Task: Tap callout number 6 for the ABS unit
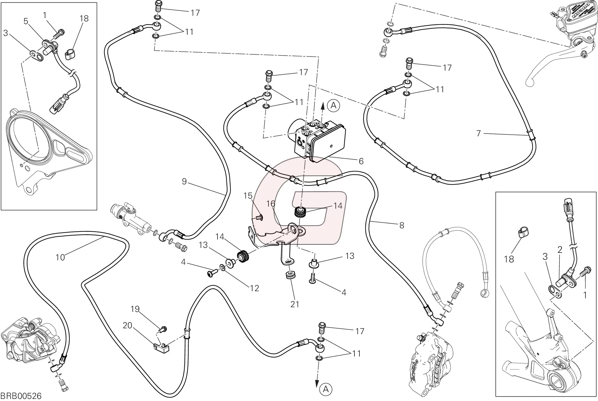361,161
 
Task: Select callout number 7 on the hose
478,134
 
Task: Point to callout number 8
402,225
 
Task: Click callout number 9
184,181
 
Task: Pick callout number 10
60,257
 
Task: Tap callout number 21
295,304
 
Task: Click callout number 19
135,309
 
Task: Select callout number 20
127,326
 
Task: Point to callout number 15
248,196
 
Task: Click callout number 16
271,204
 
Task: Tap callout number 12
255,288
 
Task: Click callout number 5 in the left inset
26,21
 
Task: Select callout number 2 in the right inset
560,250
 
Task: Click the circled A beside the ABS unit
334,105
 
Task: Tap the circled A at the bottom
326,389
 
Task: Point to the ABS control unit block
320,140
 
